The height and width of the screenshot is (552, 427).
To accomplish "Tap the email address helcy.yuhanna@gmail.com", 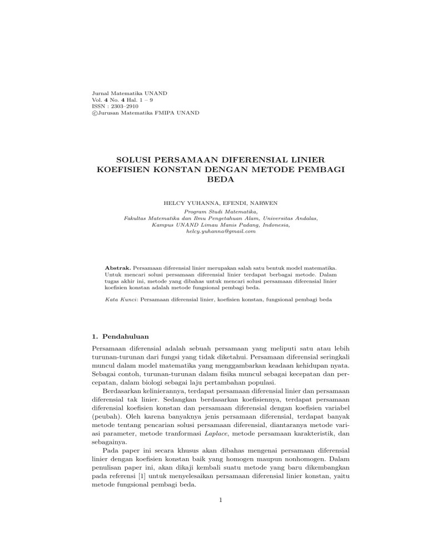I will coord(213,231).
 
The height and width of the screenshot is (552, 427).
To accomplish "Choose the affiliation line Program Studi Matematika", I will coord(213,212).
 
